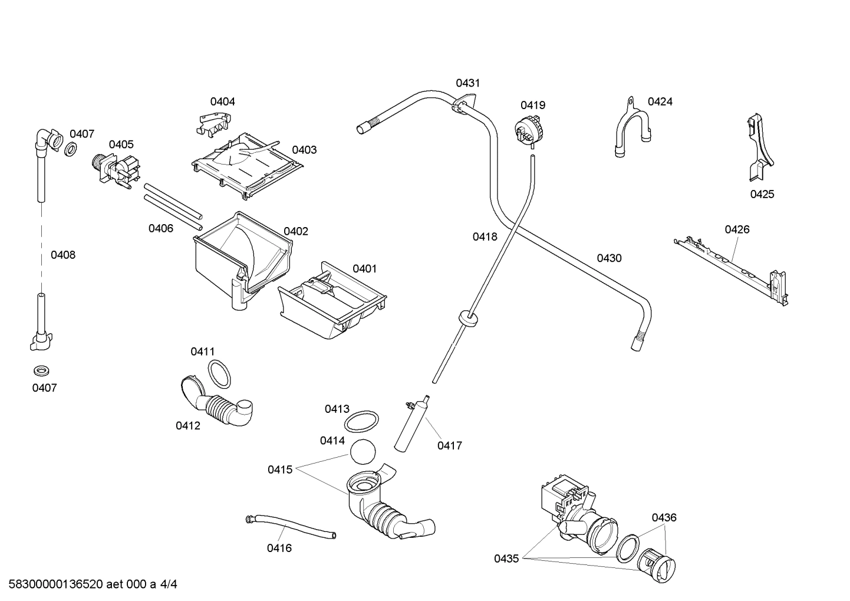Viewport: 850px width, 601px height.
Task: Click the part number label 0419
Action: [532, 105]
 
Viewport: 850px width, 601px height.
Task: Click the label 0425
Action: [762, 194]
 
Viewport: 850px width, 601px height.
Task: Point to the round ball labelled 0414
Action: [363, 452]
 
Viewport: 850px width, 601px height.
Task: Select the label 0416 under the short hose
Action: [279, 548]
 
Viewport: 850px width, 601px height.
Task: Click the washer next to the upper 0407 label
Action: [70, 149]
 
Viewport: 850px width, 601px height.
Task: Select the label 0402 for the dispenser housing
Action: [296, 231]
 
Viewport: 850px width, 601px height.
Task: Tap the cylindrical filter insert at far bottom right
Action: [659, 566]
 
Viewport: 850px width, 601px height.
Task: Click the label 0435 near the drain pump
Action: [506, 558]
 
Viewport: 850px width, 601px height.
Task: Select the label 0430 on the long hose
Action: [609, 258]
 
